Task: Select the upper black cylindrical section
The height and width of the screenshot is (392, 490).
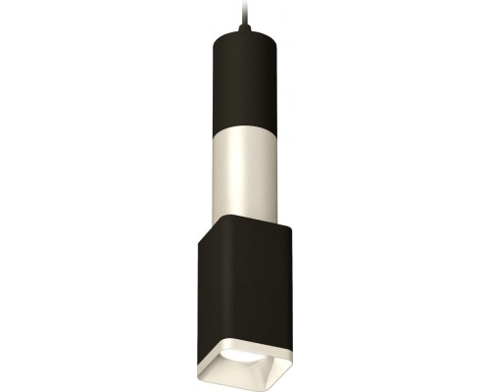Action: pos(241,73)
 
